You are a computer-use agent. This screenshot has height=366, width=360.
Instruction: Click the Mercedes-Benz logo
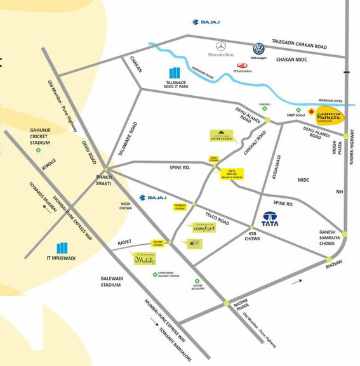[x=220, y=46]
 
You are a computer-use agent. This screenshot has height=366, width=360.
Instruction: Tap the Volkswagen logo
[x=258, y=49]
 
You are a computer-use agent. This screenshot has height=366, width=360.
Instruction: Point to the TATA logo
[x=271, y=219]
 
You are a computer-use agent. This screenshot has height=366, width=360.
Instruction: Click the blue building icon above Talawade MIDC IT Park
[x=175, y=74]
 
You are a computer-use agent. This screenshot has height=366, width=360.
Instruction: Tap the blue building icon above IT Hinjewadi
[x=62, y=247]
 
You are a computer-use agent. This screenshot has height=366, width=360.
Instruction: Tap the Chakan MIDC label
[x=291, y=60]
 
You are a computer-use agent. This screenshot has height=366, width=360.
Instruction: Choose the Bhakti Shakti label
[x=103, y=180]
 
